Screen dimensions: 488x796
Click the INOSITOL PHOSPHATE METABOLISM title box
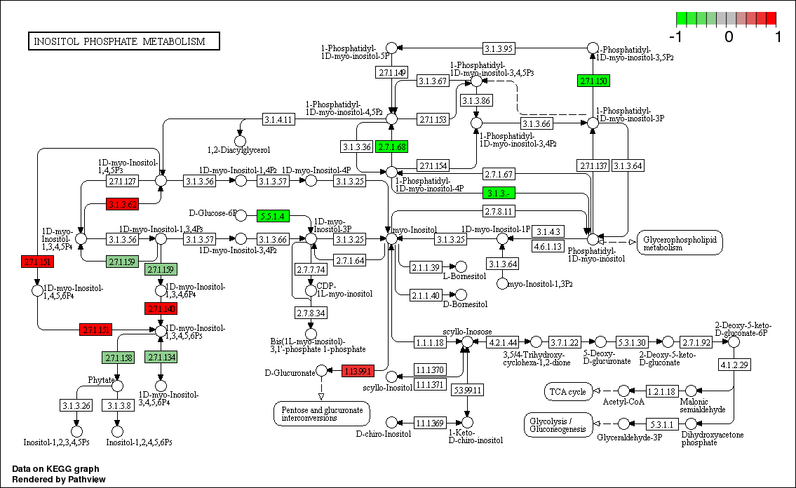click(x=123, y=41)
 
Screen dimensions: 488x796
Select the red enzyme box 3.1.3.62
click(x=122, y=204)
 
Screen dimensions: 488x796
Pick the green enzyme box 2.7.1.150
click(x=593, y=81)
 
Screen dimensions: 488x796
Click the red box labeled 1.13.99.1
click(x=358, y=371)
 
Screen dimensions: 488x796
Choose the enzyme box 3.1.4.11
click(x=278, y=119)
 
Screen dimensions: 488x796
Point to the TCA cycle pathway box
click(x=567, y=392)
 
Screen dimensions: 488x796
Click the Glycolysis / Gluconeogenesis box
click(x=559, y=424)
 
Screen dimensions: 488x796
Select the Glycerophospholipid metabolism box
click(x=680, y=243)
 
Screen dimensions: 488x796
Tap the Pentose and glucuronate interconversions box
click(x=321, y=413)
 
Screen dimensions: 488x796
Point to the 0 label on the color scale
click(x=729, y=36)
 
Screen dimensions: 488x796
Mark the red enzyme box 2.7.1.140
click(x=161, y=309)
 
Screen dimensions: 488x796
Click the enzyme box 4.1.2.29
click(x=734, y=365)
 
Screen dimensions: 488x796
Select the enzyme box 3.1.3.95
click(x=499, y=48)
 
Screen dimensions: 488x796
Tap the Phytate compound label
click(x=100, y=379)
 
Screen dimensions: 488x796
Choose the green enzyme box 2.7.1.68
click(x=391, y=147)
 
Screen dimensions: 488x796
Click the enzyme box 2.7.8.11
click(x=499, y=211)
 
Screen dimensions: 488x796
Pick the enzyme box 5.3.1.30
click(x=631, y=342)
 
